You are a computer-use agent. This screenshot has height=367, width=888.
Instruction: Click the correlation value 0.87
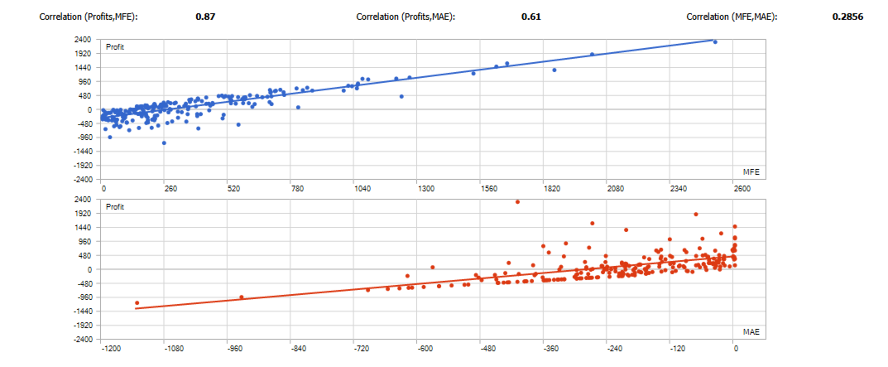click(206, 17)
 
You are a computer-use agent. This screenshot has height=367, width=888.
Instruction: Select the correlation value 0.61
click(531, 17)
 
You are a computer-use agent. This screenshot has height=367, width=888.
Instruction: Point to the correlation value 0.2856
click(847, 17)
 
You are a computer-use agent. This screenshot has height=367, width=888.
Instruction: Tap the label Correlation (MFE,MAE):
click(732, 17)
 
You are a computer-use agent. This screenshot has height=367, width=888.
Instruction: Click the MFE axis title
click(751, 171)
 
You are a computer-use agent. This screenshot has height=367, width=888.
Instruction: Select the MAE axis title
click(751, 331)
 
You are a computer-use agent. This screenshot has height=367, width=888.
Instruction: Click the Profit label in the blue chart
click(115, 47)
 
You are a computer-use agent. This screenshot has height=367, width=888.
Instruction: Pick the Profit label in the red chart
click(115, 206)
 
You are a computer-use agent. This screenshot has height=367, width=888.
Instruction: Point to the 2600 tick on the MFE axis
click(741, 189)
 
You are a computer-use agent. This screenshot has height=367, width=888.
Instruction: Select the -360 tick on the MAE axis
click(545, 349)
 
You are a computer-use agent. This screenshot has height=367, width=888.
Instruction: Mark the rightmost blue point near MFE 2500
click(715, 42)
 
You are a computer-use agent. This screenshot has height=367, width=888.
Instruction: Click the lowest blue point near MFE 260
click(164, 143)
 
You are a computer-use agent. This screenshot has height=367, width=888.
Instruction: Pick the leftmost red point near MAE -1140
click(137, 303)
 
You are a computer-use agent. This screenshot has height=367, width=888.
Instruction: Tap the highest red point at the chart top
click(517, 201)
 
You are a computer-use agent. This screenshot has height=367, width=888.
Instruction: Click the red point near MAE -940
click(241, 297)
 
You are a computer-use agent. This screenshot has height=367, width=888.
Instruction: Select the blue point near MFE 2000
click(592, 55)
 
